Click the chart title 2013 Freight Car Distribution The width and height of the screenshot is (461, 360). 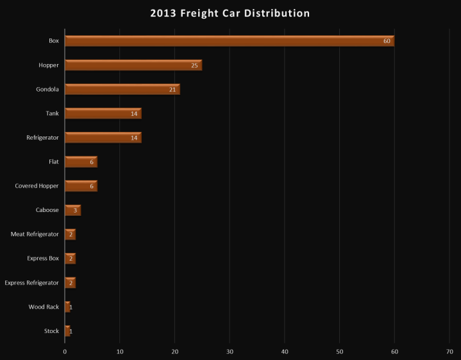pos(230,13)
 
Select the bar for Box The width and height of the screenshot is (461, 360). pos(229,41)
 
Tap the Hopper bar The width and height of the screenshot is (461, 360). pos(133,65)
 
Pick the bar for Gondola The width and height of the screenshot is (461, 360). pos(122,89)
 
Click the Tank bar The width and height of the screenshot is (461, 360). pos(103,113)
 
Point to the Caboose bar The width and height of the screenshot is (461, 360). pos(72,210)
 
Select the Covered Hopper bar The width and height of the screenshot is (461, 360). pos(81,186)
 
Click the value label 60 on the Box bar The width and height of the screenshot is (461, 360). pos(387,42)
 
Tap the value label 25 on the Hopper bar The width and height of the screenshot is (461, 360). pos(195,65)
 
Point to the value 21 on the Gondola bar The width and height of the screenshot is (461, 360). pos(172,90)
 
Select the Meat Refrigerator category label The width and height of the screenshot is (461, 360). pos(35,234)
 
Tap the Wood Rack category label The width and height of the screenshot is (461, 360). pos(44,307)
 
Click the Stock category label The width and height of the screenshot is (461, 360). pos(51,331)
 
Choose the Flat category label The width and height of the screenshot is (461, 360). pos(54,162)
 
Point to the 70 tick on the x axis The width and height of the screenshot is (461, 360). pos(449,351)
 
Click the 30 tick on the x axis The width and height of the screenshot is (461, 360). pos(230,351)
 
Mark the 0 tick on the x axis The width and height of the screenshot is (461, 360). pos(65,351)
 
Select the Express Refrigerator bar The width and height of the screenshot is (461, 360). pos(70,282)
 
